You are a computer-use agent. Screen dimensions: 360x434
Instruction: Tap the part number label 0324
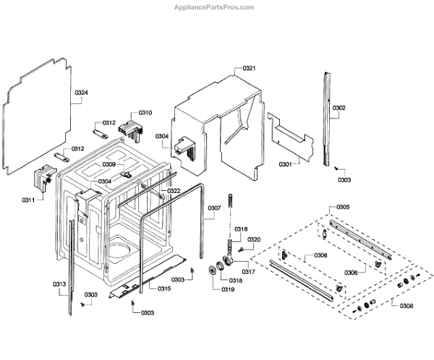pyautogui.click(x=81, y=93)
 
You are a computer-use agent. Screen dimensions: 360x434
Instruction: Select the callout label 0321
pyautogui.click(x=249, y=68)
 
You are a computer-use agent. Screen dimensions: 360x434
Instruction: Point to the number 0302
pyautogui.click(x=339, y=108)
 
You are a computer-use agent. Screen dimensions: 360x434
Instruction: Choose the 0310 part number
pyautogui.click(x=145, y=113)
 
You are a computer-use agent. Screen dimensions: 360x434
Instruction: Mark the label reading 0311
pyautogui.click(x=28, y=199)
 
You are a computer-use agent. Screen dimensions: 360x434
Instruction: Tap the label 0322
pyautogui.click(x=174, y=191)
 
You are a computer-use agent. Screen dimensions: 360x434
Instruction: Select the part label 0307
pyautogui.click(x=214, y=209)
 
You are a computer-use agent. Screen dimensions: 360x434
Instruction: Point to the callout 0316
pyautogui.click(x=241, y=228)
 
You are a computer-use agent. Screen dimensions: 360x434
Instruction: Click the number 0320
pyautogui.click(x=254, y=239)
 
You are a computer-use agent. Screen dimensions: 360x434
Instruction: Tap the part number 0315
pyautogui.click(x=165, y=288)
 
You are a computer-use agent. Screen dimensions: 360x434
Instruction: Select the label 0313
pyautogui.click(x=59, y=284)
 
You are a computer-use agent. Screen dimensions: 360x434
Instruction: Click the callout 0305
pyautogui.click(x=343, y=207)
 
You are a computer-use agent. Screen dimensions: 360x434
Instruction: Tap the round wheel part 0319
pyautogui.click(x=212, y=270)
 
